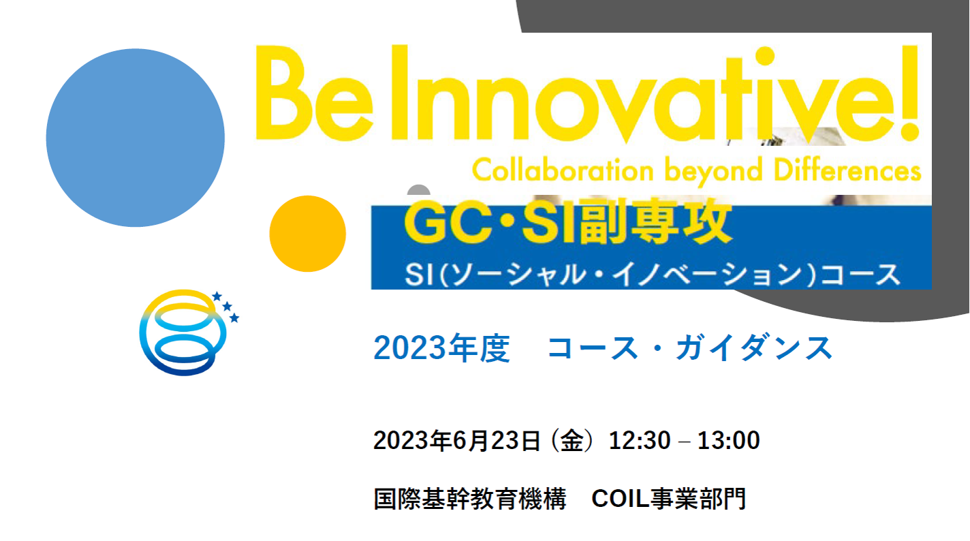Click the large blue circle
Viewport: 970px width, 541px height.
(135, 138)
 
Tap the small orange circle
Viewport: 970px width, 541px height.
(307, 234)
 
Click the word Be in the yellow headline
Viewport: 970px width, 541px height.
(315, 93)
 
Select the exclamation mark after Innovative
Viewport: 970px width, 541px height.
(910, 93)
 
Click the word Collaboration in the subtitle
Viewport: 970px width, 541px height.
(563, 170)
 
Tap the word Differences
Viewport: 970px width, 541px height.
(847, 170)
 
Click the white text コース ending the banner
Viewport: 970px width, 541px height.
(860, 275)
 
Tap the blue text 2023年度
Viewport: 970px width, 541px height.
(441, 347)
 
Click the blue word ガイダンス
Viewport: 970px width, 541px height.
(754, 347)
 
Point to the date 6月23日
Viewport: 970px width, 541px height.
(497, 441)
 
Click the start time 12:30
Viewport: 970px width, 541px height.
(640, 441)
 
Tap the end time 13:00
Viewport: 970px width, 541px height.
(729, 441)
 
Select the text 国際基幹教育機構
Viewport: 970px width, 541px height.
(470, 499)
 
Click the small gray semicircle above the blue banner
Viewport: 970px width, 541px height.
(419, 190)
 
